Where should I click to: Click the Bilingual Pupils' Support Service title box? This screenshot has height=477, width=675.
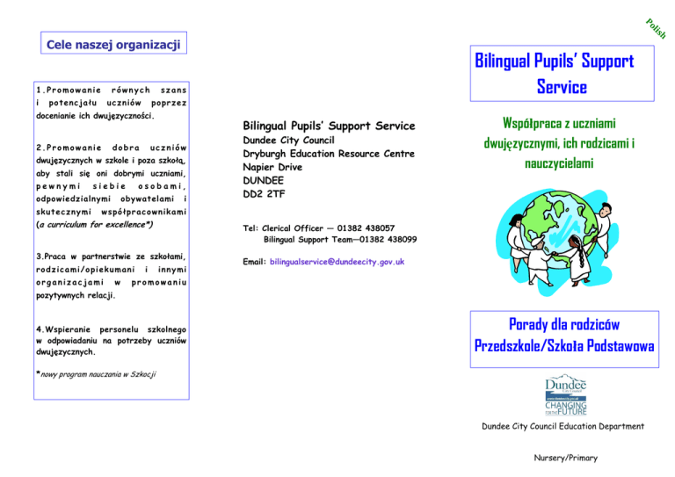[555, 74]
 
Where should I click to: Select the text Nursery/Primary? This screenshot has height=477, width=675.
[565, 459]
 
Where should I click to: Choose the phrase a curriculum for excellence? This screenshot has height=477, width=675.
[91, 226]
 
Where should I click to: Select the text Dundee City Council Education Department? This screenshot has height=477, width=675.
[563, 427]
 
